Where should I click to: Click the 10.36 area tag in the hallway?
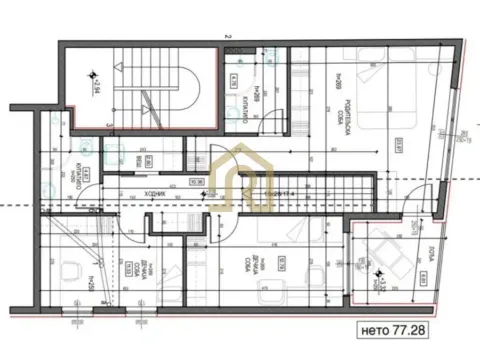[x=196, y=182]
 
